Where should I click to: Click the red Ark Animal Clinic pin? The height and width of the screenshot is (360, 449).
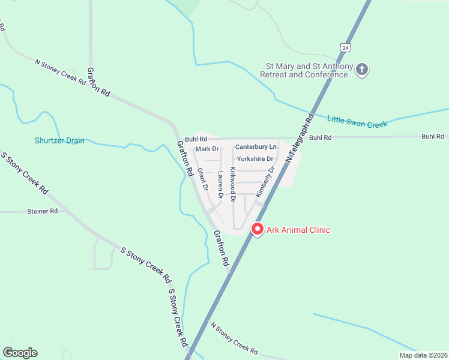[258, 229]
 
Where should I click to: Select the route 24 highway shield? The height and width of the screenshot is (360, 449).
[343, 47]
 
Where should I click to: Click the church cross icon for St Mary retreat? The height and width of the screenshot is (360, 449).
[362, 70]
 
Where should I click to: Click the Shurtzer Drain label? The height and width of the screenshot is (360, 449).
[59, 140]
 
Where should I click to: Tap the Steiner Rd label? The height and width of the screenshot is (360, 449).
[42, 211]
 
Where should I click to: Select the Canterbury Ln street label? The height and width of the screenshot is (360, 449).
[256, 146]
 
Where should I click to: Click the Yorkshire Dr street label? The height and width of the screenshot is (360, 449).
[255, 159]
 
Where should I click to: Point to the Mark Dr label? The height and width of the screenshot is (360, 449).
[206, 148]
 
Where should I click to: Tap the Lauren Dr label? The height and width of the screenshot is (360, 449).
[220, 185]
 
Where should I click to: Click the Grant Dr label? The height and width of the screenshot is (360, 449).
[202, 179]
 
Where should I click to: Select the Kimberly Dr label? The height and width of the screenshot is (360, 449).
[265, 182]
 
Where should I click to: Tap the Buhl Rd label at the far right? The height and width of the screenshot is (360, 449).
[432, 137]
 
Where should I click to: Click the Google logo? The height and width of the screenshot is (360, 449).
[20, 353]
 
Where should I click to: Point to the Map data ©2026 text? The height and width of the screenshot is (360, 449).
[423, 355]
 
